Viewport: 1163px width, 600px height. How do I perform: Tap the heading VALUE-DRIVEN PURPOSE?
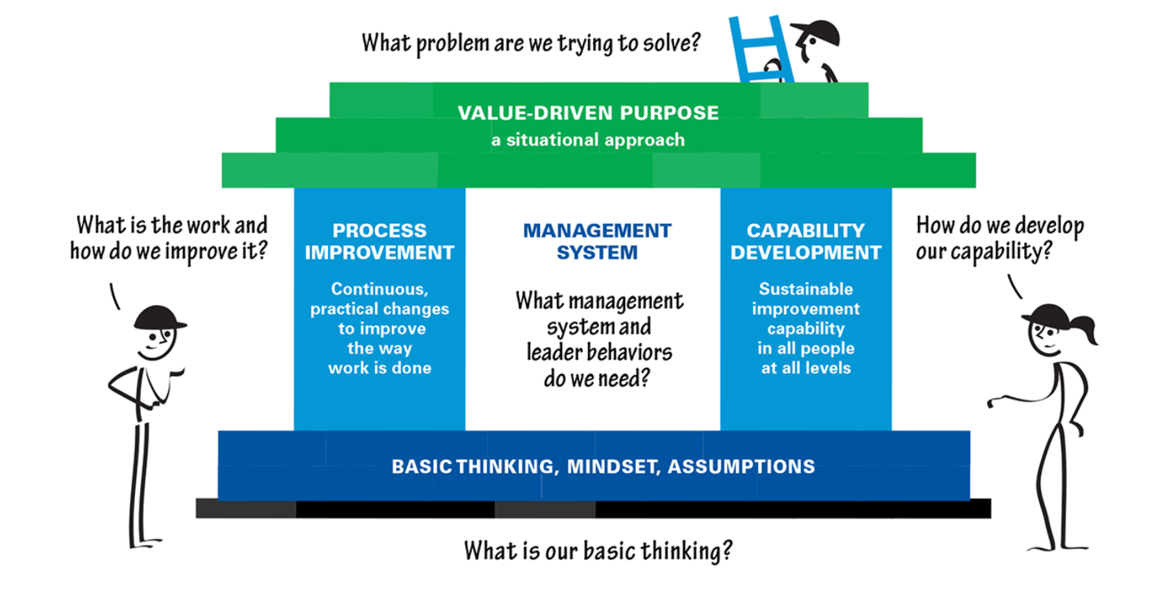(x=588, y=113)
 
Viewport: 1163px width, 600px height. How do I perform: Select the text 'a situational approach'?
(x=588, y=140)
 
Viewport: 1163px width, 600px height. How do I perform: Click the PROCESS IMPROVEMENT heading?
(x=380, y=241)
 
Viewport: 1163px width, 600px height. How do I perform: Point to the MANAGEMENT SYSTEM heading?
(x=597, y=241)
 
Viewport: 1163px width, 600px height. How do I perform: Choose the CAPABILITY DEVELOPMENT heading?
(x=806, y=241)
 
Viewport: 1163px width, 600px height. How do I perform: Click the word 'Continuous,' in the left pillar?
(x=380, y=289)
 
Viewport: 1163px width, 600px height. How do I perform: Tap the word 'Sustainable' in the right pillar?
(x=806, y=289)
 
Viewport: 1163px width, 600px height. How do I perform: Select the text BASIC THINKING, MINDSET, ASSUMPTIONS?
(x=603, y=466)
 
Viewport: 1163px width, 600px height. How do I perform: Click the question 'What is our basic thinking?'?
(x=598, y=551)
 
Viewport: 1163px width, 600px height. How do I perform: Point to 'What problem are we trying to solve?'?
(x=531, y=43)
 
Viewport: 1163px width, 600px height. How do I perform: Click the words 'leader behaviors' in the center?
(x=599, y=353)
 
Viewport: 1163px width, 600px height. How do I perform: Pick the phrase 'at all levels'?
(x=806, y=368)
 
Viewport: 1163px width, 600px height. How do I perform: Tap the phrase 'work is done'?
(x=380, y=368)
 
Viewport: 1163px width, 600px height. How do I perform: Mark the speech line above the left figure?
(x=115, y=296)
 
